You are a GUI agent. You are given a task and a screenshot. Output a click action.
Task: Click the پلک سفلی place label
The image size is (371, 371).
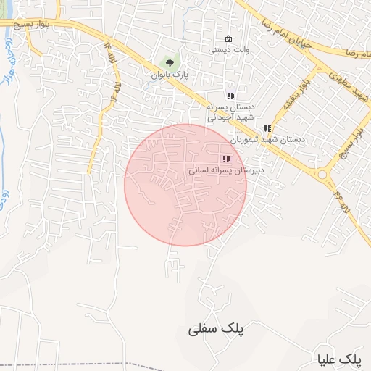pos(217,329)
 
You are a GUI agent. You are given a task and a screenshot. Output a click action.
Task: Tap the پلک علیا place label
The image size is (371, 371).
pos(339,359)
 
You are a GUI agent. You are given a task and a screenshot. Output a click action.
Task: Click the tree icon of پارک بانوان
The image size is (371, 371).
pos(170,63)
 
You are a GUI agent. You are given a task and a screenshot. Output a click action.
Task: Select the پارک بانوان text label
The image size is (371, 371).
pos(170,75)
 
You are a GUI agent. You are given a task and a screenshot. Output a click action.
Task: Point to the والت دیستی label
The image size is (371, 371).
pos(229,51)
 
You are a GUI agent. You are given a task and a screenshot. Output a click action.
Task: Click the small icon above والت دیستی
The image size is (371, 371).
pos(229,39)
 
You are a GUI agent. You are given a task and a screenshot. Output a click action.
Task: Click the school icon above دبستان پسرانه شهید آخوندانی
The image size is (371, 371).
pos(230,96)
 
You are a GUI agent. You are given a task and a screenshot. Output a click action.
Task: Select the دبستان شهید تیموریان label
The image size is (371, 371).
pos(268,139)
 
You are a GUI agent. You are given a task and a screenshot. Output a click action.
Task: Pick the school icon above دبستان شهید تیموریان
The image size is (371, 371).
pos(268,128)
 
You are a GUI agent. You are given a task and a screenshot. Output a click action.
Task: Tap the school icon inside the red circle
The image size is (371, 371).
pos(226,159)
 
